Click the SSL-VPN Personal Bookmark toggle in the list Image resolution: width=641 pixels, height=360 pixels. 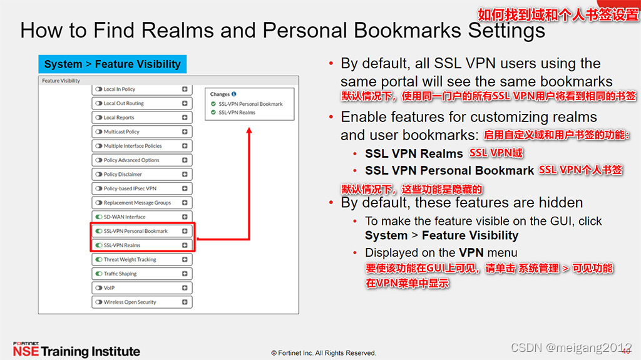coord(99,231)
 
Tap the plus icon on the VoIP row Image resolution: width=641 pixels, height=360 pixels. coord(185,288)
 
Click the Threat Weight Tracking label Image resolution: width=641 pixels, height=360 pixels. coord(130,259)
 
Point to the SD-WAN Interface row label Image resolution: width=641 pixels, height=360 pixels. coord(125,217)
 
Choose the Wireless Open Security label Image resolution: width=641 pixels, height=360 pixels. coord(130,302)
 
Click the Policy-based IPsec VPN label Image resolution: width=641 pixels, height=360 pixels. coord(130,188)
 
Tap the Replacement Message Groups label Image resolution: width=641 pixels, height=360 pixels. coord(137,203)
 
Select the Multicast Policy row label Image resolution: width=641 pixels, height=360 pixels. coord(121,131)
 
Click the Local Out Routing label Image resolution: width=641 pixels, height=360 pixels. coord(123,103)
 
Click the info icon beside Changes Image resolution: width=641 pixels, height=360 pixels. coord(234,94)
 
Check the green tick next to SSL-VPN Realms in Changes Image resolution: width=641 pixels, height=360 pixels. coord(213,113)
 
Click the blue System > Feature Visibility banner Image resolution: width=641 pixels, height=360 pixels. coord(113,64)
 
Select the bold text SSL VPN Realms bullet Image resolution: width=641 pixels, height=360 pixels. coord(414,153)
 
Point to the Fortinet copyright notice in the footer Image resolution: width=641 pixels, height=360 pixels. coord(324,353)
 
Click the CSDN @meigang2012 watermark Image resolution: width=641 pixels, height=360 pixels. coord(571,347)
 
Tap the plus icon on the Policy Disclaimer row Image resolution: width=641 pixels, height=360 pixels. coord(185,174)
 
